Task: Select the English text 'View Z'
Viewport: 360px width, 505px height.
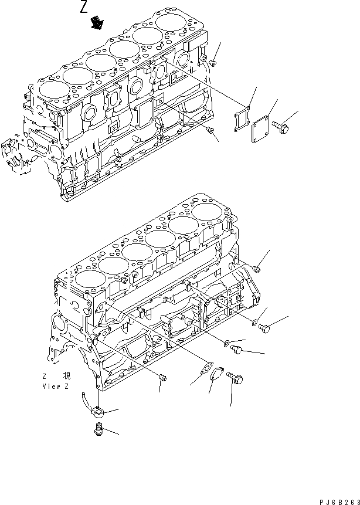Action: tap(56, 387)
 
